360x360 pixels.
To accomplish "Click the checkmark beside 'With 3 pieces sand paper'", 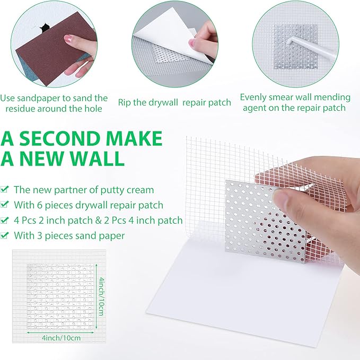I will [x=5, y=236].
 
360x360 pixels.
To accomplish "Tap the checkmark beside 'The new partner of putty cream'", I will [x=5, y=189].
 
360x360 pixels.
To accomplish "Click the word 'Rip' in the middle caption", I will [x=126, y=102].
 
